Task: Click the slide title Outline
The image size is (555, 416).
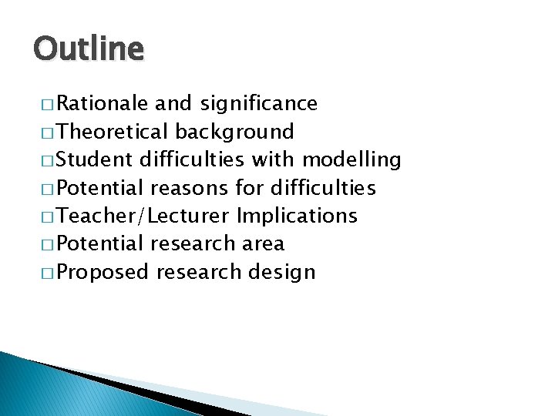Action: tap(89, 49)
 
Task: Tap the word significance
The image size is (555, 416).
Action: tap(259, 103)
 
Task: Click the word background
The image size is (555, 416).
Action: tap(235, 132)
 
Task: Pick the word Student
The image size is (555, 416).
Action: tap(96, 159)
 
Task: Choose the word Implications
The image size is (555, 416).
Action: tap(298, 216)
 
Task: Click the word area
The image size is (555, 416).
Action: tap(263, 244)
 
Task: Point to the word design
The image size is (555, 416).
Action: tap(283, 272)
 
